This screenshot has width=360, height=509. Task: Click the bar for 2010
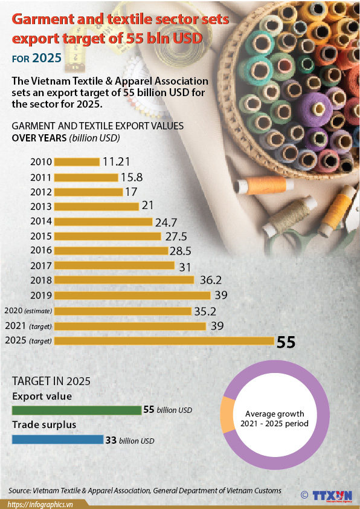(77, 162)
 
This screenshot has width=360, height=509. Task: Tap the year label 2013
(41, 207)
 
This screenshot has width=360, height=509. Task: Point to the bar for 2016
(111, 251)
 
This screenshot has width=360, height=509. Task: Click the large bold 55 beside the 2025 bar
(286, 342)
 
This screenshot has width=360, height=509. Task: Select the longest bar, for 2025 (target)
(164, 341)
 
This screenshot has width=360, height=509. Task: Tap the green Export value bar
(76, 410)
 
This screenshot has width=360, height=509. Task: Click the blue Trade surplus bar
(57, 440)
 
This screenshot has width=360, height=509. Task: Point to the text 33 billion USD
(129, 441)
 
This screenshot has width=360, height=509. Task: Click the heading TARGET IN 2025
(51, 381)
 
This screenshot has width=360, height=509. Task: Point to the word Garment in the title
(43, 19)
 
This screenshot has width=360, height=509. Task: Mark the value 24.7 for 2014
(167, 221)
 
